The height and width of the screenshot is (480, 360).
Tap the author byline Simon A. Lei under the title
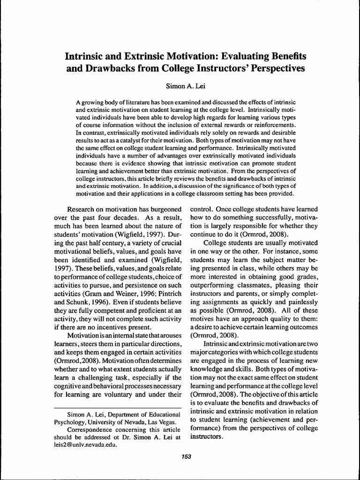180,86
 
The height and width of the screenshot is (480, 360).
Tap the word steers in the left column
97,344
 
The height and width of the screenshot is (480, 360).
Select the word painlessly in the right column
299,302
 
